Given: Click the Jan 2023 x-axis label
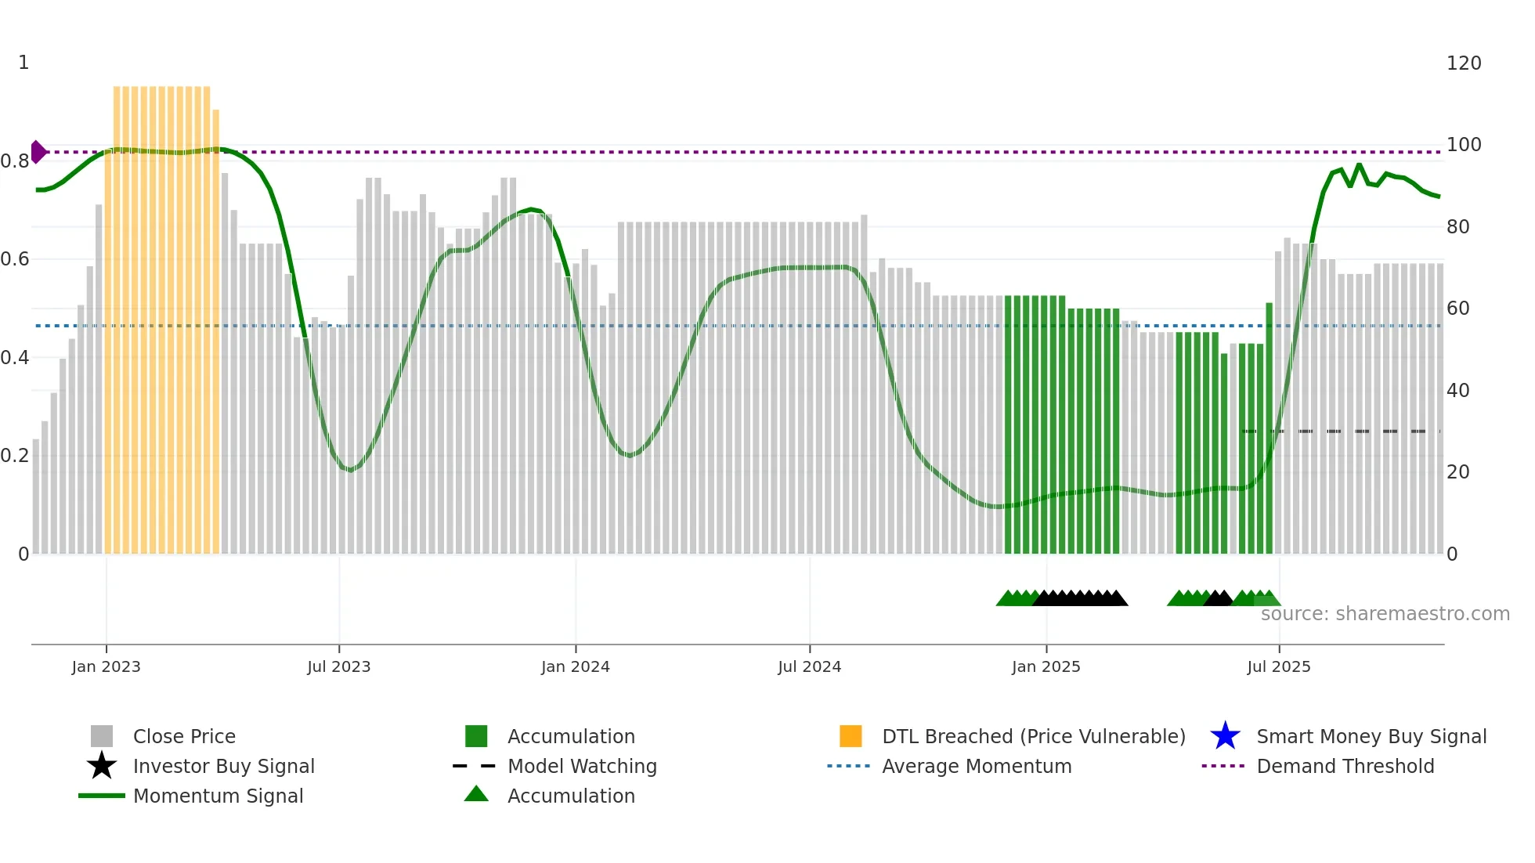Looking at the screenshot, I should tap(106, 666).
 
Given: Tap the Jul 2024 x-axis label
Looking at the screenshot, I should tap(809, 666).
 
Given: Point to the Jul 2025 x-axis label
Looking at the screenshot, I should tap(1278, 666).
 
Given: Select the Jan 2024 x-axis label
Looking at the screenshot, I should tap(575, 666).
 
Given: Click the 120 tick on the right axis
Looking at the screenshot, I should tap(1463, 63).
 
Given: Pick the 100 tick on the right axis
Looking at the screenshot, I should tap(1463, 145).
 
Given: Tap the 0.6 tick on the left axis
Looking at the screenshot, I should tap(15, 259).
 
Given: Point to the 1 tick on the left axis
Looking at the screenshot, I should tap(23, 63).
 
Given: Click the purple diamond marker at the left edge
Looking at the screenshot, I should tap(38, 152).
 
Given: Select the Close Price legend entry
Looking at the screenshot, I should tap(184, 736).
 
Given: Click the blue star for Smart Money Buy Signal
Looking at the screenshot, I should tap(1225, 736).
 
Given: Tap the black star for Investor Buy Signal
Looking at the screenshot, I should tap(102, 766).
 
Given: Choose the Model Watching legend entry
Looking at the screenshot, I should tap(581, 766).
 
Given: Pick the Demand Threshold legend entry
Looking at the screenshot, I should tap(1345, 766).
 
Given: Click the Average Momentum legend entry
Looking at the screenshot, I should tap(976, 766).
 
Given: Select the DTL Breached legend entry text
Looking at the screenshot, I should tap(1033, 736).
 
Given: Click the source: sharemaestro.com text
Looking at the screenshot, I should tap(1385, 614).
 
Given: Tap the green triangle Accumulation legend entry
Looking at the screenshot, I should tap(570, 796).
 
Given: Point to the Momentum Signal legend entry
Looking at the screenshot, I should tap(218, 796).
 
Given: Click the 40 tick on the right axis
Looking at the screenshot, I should tap(1457, 390).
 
